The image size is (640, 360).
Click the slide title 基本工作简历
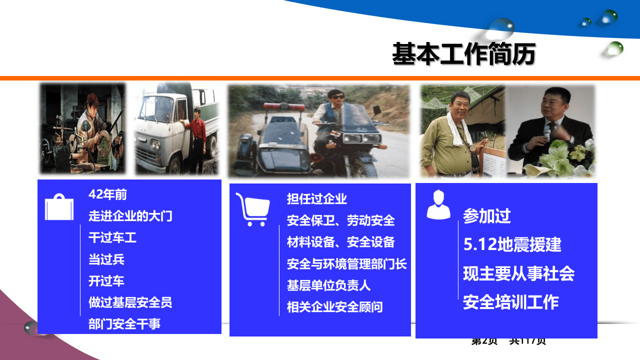click(463, 54)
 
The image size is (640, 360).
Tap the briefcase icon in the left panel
click(59, 207)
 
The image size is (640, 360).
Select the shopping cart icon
click(252, 209)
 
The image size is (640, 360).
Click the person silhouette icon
click(438, 205)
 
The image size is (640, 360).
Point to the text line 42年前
click(107, 194)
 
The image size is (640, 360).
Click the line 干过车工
click(112, 237)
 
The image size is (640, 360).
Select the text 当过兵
click(106, 259)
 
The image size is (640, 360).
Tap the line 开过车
click(106, 280)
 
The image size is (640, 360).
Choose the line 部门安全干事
click(124, 323)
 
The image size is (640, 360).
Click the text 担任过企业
click(317, 199)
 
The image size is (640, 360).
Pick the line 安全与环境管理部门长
click(346, 263)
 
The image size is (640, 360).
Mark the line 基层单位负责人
click(328, 285)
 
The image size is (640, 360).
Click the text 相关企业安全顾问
click(334, 306)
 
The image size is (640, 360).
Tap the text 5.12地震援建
click(512, 244)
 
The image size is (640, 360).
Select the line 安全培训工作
click(510, 302)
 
